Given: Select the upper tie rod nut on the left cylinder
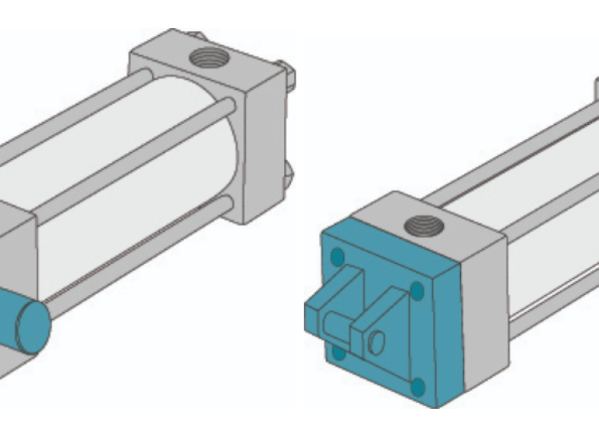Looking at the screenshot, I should coord(289,73).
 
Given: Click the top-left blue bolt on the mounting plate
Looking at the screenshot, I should coord(338,256).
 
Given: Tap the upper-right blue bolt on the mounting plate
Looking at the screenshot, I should coord(416,291).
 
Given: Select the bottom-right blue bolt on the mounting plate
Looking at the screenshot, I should coord(418,386).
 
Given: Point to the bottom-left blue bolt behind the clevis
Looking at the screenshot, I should coord(338,352).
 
